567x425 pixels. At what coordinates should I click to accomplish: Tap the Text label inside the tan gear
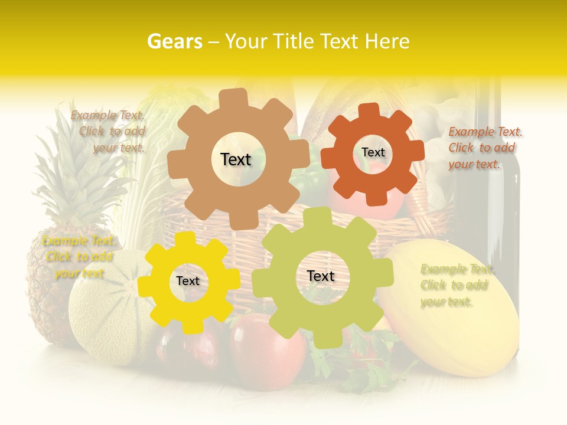click(x=236, y=159)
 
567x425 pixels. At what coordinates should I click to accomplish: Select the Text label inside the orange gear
click(x=373, y=152)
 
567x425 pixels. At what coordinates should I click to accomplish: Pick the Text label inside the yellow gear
click(x=188, y=282)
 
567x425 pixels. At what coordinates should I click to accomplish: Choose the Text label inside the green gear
click(x=321, y=276)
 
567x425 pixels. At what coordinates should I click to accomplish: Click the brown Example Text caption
click(x=109, y=132)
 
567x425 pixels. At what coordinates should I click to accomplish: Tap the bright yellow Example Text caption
click(x=79, y=257)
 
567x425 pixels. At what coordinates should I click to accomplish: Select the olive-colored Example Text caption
click(x=455, y=285)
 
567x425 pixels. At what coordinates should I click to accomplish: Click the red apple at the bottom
click(x=269, y=348)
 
